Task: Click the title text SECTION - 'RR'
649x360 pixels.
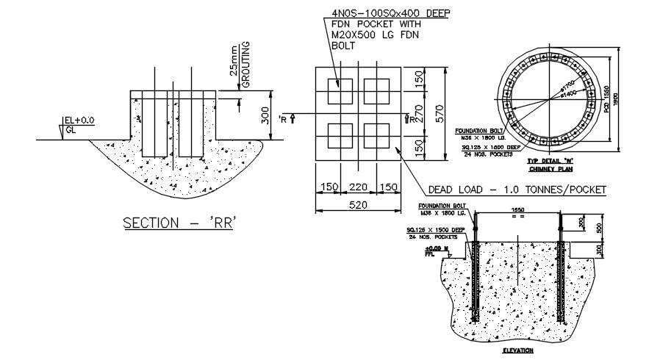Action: (x=179, y=223)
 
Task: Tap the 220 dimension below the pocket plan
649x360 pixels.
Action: (x=356, y=187)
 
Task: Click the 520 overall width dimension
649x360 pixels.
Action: (x=356, y=206)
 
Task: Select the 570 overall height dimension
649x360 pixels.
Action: (x=440, y=112)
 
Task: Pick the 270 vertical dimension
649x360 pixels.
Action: (x=417, y=112)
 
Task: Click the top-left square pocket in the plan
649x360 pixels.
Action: (x=339, y=92)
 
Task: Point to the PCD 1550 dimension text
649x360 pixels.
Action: (x=607, y=98)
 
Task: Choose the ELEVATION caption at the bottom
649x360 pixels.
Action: (x=517, y=351)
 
